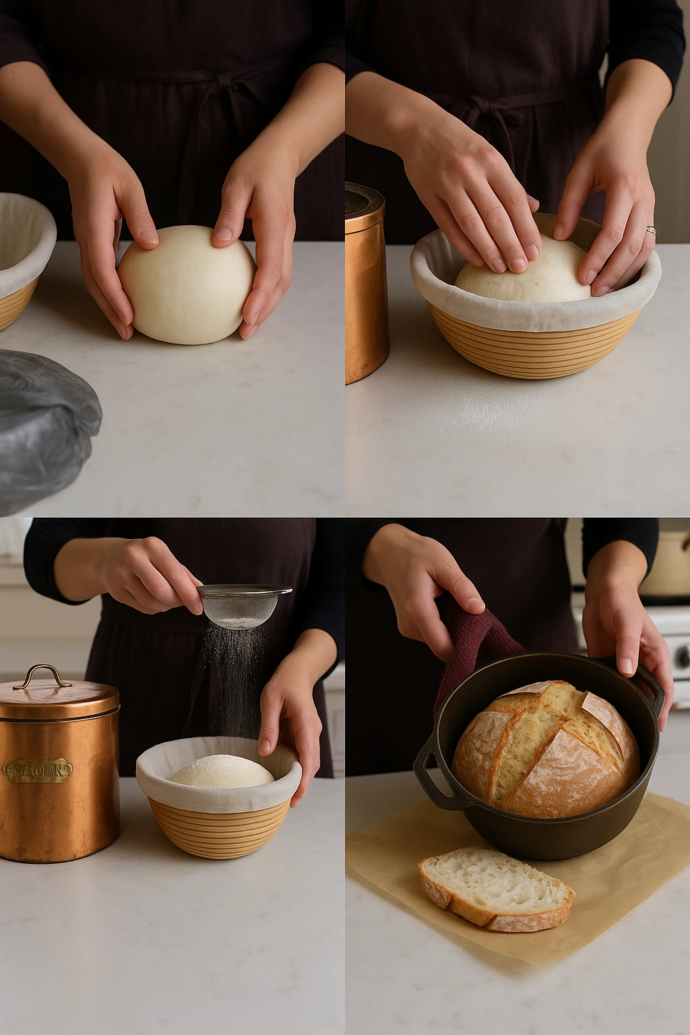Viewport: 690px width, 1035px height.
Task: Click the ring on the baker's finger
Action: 650,230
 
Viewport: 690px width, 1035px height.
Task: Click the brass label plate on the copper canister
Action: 38,770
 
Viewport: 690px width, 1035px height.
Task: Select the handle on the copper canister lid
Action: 42,676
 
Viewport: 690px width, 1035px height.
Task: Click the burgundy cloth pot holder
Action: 472,640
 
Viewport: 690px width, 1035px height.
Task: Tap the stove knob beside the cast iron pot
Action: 682,654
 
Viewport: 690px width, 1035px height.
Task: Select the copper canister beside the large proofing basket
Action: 365,283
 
